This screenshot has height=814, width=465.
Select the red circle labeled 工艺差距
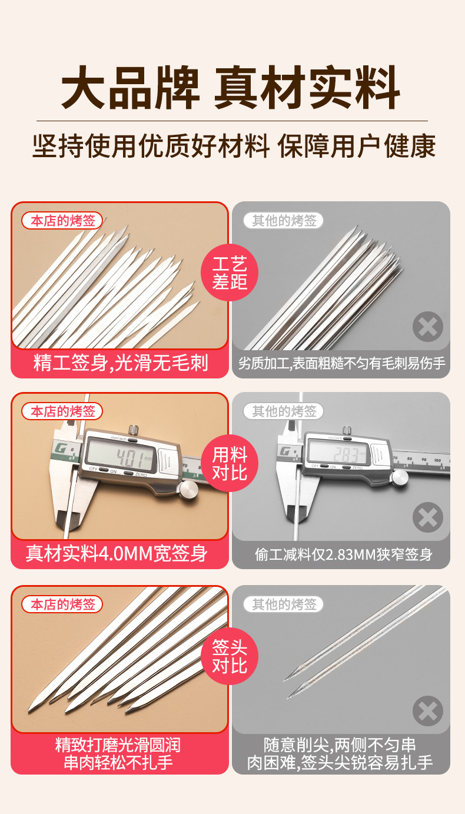230,273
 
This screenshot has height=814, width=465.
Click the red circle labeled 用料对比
230,463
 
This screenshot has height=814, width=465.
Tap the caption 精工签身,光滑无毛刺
120,363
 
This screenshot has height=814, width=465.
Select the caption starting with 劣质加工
341,363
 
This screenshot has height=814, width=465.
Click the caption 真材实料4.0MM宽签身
117,554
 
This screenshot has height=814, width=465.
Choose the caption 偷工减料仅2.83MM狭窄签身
344,554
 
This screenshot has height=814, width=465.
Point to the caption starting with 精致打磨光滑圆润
118,754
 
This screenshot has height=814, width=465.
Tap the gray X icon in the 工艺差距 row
427,327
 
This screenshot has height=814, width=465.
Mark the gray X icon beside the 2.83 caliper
427,517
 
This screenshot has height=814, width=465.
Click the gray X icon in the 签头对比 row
427,710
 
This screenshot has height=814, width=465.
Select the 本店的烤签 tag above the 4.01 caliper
62,411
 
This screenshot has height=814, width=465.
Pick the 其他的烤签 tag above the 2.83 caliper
284,411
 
